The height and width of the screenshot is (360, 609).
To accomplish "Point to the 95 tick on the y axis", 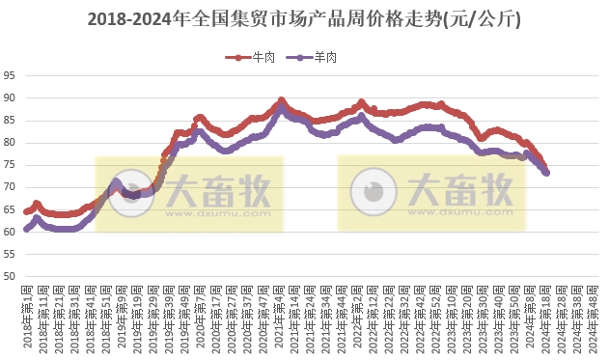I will pos(9,75).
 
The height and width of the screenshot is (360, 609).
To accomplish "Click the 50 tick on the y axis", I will pos(9,276).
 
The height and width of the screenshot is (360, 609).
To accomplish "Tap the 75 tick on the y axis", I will pos(9,165).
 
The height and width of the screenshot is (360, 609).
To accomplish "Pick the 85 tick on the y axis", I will pos(9,120).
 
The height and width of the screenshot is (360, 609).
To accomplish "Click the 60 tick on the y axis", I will pos(9,232).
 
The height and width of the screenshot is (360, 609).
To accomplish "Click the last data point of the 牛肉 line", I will pos(547,171).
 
